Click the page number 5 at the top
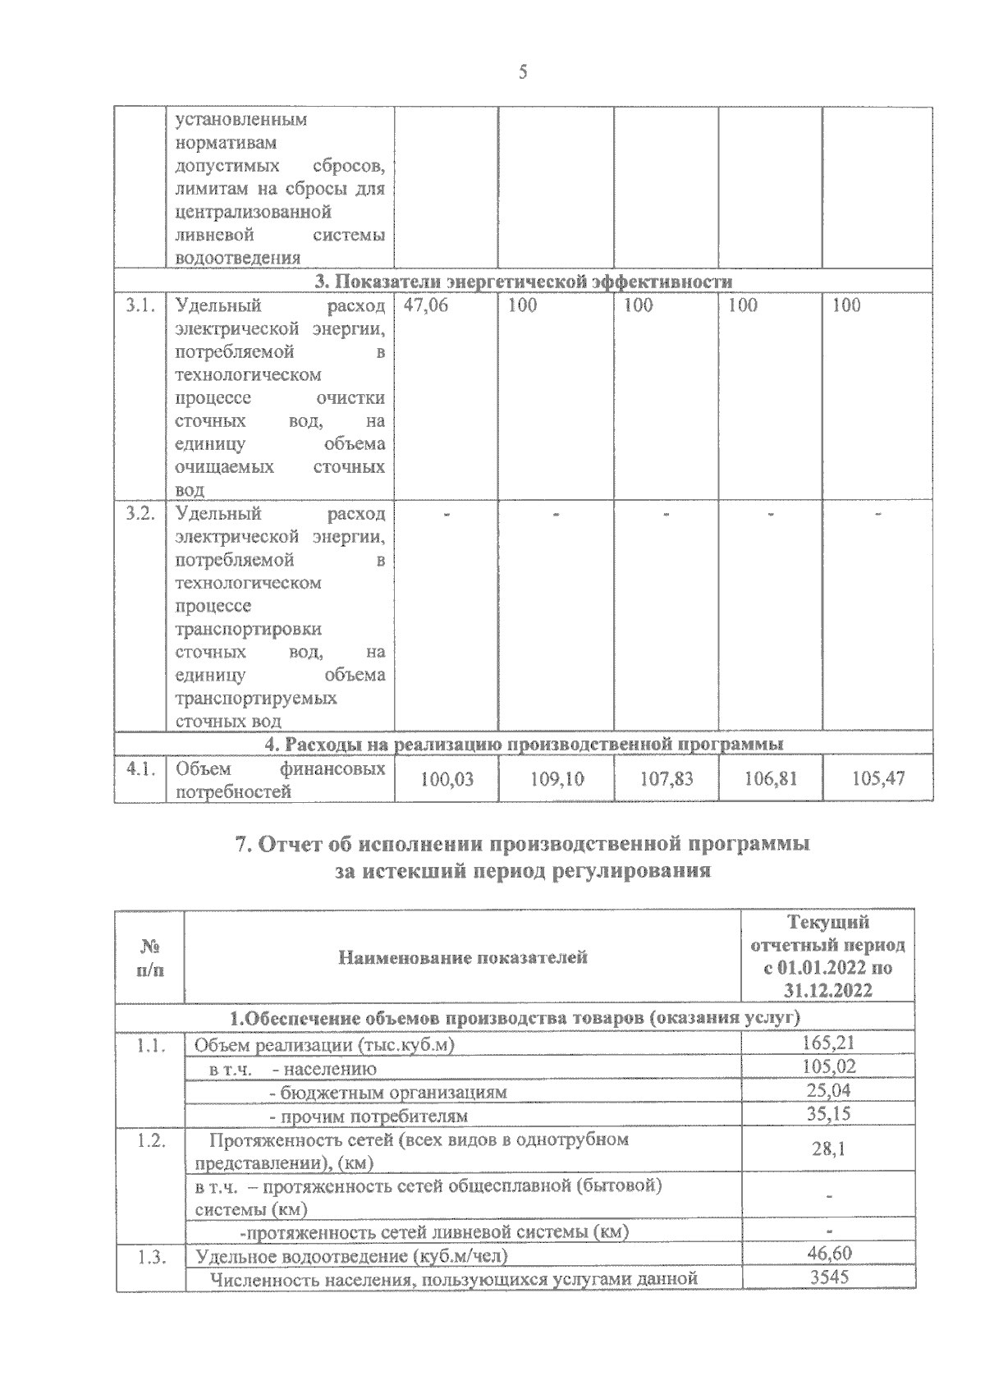coord(523,73)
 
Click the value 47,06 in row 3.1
coord(426,306)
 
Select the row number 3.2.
coord(140,514)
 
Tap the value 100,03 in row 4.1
coord(447,778)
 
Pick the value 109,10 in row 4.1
coord(557,778)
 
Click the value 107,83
coord(667,778)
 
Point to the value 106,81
coord(771,778)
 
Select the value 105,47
coord(878,778)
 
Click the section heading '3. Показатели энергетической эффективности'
coord(524,282)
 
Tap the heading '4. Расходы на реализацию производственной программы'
coord(524,744)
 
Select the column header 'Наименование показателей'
coord(463,957)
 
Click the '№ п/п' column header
coord(150,957)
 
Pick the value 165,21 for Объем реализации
coord(828,1044)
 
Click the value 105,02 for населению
coord(828,1067)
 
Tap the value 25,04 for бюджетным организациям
coord(828,1091)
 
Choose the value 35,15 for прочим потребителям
coord(828,1114)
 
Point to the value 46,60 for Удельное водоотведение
coord(830,1253)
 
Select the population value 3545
coord(829,1277)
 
